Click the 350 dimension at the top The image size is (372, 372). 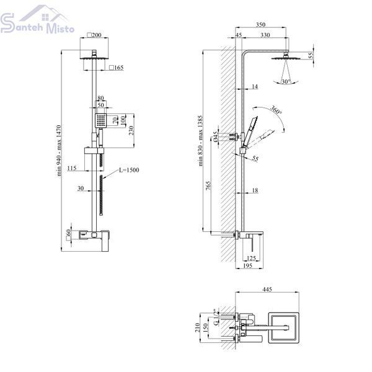260,24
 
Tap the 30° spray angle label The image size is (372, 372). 286,82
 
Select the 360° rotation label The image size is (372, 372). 276,110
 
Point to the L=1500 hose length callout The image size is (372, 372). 129,170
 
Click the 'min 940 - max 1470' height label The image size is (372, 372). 59,151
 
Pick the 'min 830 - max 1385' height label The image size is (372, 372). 200,141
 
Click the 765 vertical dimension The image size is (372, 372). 208,187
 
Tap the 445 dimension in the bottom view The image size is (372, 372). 267,289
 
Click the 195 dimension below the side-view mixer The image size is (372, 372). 247,266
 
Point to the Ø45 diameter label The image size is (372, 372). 215,137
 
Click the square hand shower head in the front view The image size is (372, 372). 101,120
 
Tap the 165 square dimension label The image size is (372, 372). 117,68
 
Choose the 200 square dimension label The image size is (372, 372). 94,35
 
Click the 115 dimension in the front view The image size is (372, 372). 72,168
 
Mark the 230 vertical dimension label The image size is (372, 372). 131,131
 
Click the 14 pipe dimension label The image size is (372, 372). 255,86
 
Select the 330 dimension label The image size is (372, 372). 265,35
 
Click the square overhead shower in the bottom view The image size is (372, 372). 283,327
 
